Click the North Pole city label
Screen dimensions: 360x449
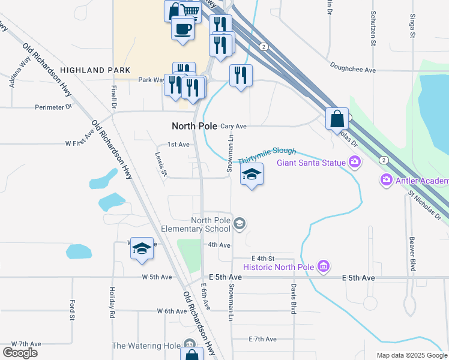194,126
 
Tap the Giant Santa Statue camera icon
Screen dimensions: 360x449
355,162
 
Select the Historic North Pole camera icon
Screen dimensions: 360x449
324,266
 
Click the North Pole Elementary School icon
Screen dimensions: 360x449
240,224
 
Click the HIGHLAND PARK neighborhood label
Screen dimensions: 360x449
95,70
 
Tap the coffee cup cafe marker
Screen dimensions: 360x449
182,28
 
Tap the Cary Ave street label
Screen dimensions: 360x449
234,127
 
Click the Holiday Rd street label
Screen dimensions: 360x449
112,302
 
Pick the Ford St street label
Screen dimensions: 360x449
72,309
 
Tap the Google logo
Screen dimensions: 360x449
20,353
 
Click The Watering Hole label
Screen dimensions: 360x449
146,346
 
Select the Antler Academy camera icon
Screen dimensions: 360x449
386,179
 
